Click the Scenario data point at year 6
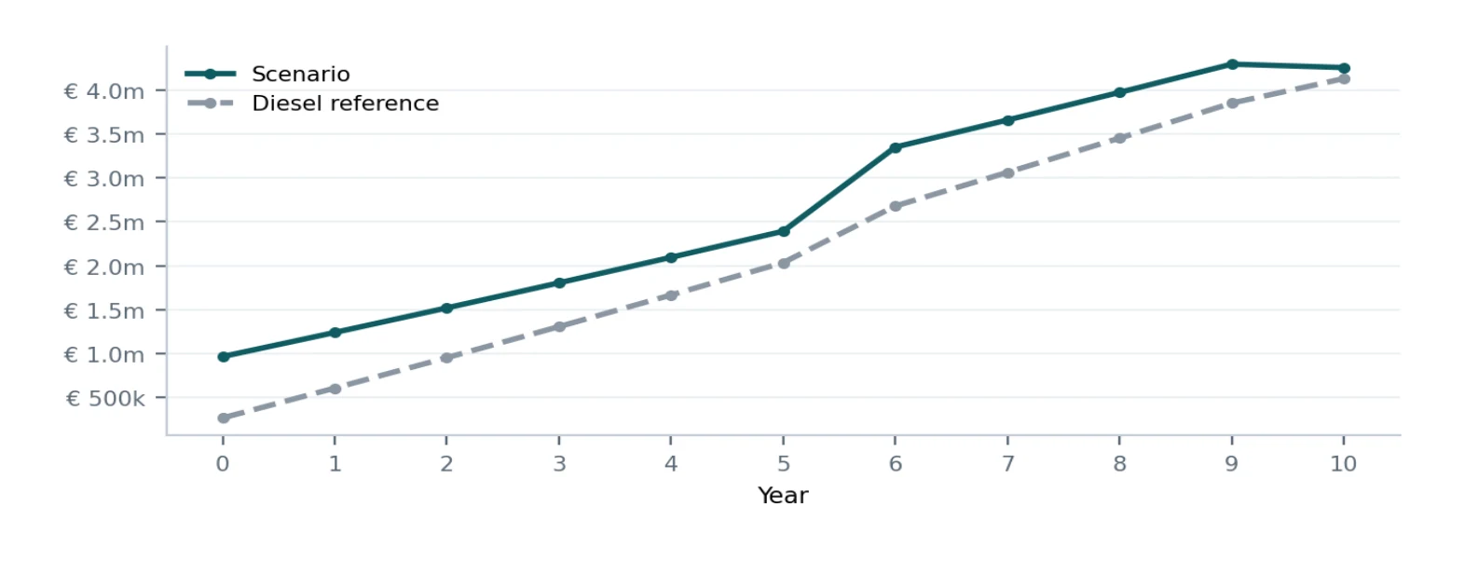[x=896, y=148]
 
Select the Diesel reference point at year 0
[x=223, y=418]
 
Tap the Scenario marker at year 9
[x=1232, y=64]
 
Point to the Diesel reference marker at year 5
[x=784, y=264]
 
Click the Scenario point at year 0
[x=223, y=357]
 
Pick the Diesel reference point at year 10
[x=1344, y=79]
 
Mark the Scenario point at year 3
[x=559, y=283]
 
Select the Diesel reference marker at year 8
[x=1119, y=138]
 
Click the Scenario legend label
[x=301, y=74]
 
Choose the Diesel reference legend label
[x=346, y=103]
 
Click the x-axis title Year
[x=783, y=495]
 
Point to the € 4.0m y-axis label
[x=104, y=91]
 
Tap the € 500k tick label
[x=105, y=398]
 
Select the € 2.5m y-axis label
[x=104, y=223]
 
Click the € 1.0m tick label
[x=104, y=354]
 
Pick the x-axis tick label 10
[x=1343, y=464]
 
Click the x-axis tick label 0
[x=223, y=464]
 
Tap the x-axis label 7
[x=1007, y=464]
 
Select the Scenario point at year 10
[x=1344, y=68]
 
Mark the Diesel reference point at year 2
[x=446, y=358]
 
